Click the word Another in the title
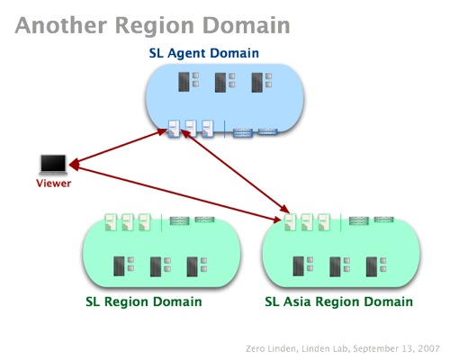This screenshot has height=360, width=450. pyautogui.click(x=61, y=25)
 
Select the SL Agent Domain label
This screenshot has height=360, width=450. pyautogui.click(x=204, y=53)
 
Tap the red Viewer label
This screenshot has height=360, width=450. pyautogui.click(x=54, y=184)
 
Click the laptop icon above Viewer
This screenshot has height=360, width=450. pyautogui.click(x=53, y=165)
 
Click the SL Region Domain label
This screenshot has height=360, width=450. pyautogui.click(x=144, y=302)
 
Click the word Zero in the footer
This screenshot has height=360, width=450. pyautogui.click(x=256, y=348)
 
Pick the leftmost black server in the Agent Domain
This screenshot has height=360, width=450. pyautogui.click(x=184, y=82)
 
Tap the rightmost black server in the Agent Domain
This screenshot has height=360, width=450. pyautogui.click(x=257, y=82)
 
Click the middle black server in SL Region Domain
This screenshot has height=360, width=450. pyautogui.click(x=156, y=266)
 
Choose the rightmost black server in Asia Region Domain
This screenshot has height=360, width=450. pyautogui.click(x=372, y=266)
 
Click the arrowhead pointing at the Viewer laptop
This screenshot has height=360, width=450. pyautogui.click(x=74, y=164)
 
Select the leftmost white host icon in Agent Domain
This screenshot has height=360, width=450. pyautogui.click(x=174, y=129)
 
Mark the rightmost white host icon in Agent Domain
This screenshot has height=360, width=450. pyautogui.click(x=208, y=129)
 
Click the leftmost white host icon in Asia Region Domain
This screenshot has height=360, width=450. pyautogui.click(x=290, y=222)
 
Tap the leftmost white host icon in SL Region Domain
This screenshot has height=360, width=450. pyautogui.click(x=111, y=222)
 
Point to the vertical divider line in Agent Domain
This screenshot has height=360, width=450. pyautogui.click(x=225, y=129)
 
